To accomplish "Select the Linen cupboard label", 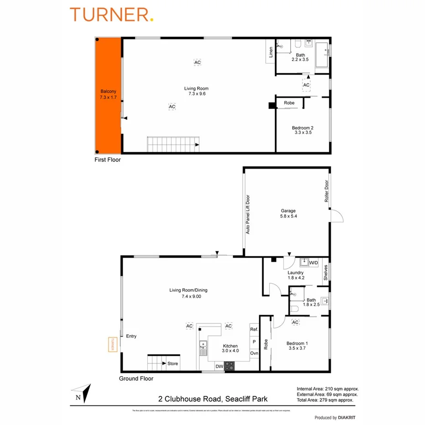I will (x=271, y=52).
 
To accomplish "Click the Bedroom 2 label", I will (x=301, y=130).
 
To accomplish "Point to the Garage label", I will (x=288, y=213).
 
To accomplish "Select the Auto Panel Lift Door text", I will (x=248, y=214).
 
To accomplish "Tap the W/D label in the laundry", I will (x=313, y=263).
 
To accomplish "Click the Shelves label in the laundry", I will (x=326, y=273).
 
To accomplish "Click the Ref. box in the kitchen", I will (x=254, y=329).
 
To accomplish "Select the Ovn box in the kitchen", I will (x=254, y=353).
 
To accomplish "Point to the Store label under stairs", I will (x=173, y=363).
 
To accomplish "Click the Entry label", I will (x=131, y=337).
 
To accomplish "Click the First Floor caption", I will (x=108, y=160).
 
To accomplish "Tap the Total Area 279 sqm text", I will (x=325, y=400).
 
